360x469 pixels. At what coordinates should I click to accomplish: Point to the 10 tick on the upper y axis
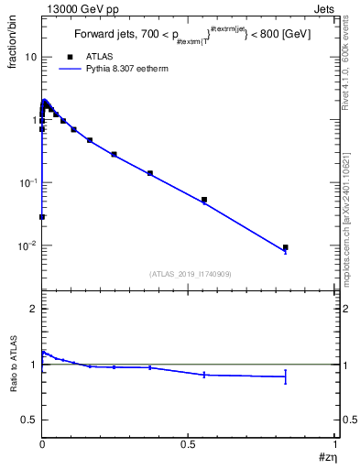click(x=30, y=57)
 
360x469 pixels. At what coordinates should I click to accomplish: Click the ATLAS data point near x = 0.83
click(x=286, y=247)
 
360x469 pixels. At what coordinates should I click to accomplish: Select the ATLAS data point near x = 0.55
click(x=204, y=200)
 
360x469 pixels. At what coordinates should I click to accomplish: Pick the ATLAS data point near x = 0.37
click(x=150, y=173)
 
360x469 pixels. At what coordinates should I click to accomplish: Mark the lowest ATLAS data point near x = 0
click(x=42, y=217)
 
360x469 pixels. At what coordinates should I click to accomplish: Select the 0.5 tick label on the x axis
click(x=189, y=443)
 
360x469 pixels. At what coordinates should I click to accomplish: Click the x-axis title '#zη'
click(x=327, y=458)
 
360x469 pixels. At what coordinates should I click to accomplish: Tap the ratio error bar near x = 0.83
click(x=286, y=376)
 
